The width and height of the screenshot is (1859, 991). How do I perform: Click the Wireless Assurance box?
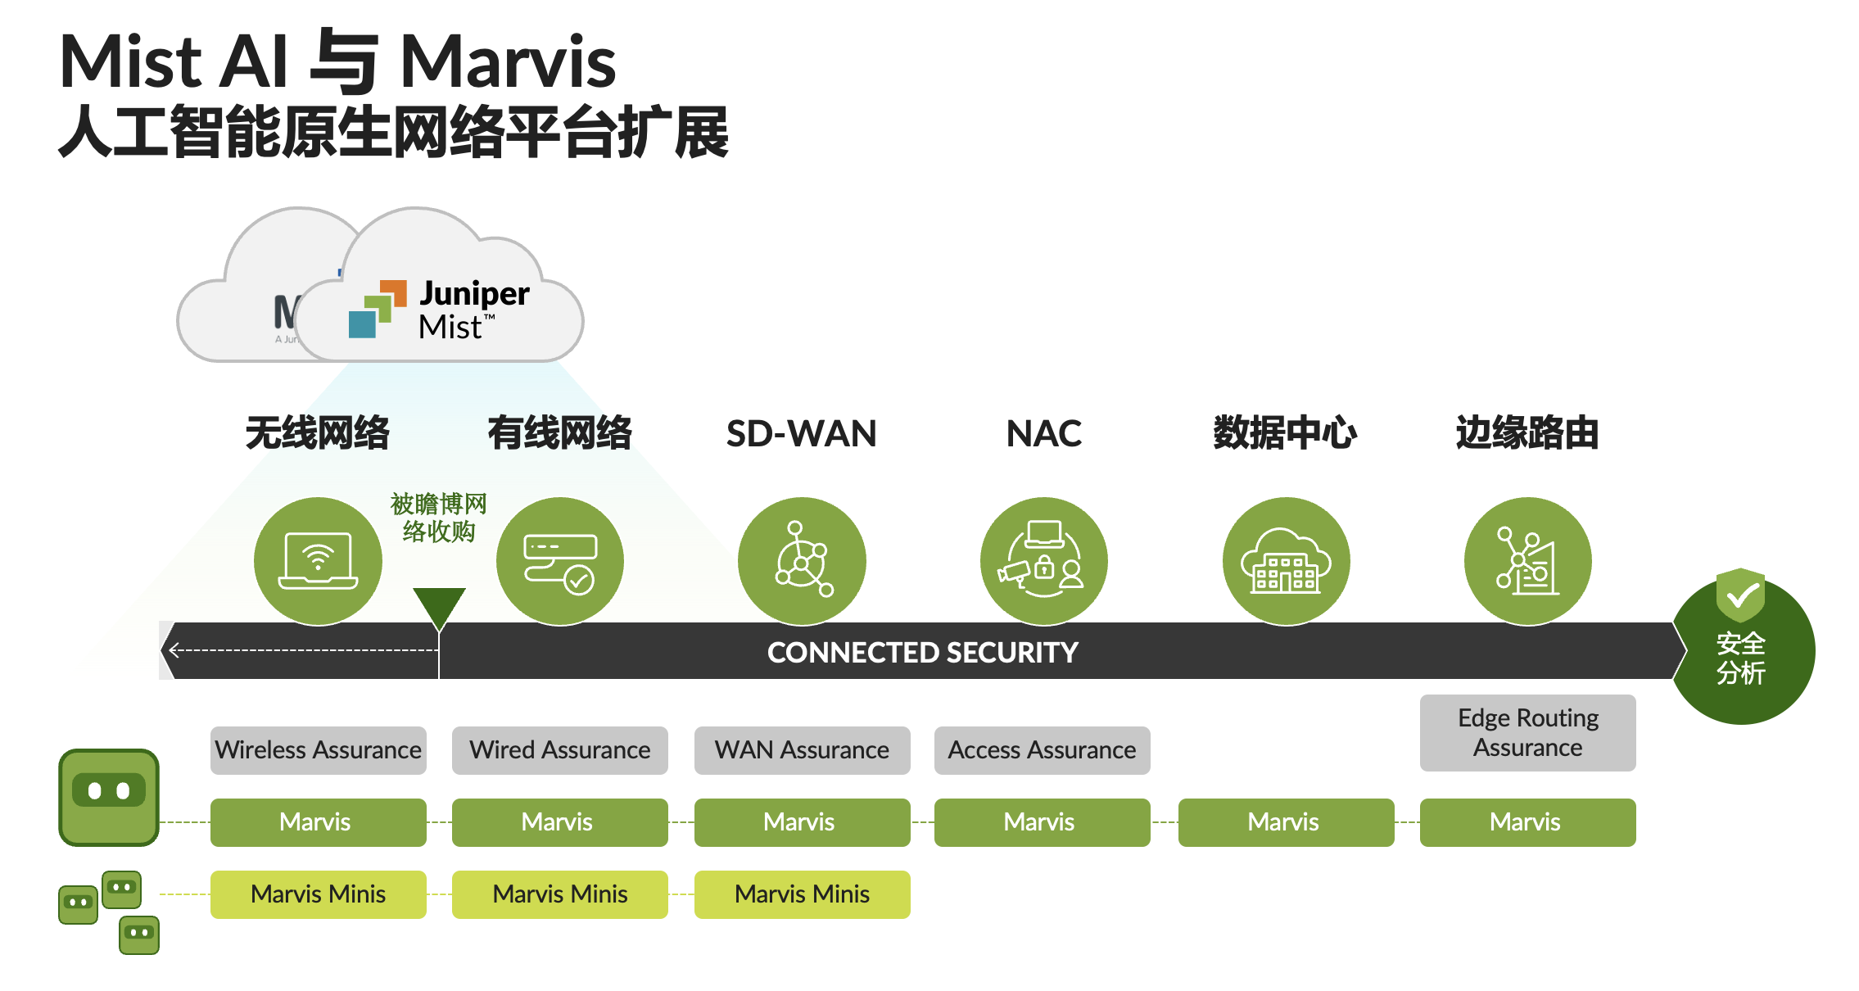point(318,750)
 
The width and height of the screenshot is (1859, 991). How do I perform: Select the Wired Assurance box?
point(559,750)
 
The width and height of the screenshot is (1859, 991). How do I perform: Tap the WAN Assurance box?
point(802,750)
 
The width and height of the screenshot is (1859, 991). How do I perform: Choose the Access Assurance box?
point(1042,750)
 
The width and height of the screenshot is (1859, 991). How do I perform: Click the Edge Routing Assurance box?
point(1527,733)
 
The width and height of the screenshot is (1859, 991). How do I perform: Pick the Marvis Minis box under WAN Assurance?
point(802,894)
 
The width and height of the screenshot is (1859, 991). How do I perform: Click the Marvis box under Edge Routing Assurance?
point(1527,822)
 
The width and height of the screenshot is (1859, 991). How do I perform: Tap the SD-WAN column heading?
point(801,433)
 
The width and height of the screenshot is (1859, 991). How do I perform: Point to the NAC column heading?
point(1043,433)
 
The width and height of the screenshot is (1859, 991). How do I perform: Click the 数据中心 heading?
point(1285,433)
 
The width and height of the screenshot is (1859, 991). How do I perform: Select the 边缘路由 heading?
point(1527,433)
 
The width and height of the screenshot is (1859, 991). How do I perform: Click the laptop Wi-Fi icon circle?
point(318,561)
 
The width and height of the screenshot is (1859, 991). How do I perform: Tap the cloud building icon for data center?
point(1286,561)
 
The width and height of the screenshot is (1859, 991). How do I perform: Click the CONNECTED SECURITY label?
point(922,653)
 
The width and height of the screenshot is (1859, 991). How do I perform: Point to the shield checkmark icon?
point(1740,595)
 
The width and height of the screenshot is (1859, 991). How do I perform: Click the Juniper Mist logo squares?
point(378,310)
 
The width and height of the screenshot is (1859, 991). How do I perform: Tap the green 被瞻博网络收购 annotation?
point(439,518)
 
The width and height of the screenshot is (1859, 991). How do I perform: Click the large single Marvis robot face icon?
point(109,797)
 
